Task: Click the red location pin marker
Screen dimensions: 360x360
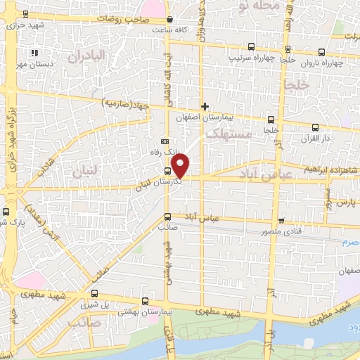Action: [x=181, y=166]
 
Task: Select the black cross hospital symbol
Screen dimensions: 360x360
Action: [x=205, y=107]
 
